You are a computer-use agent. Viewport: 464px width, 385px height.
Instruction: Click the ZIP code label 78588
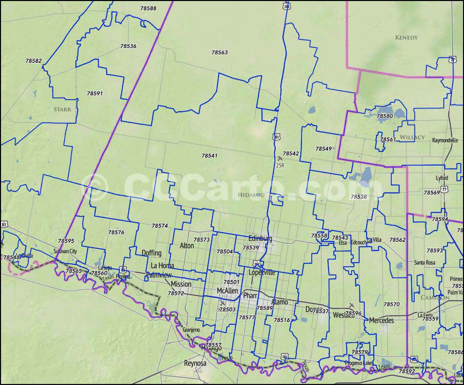[x=148, y=8]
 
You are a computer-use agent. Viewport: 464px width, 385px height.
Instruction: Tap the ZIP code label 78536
[x=128, y=46]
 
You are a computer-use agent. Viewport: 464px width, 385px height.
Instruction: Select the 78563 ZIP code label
[x=219, y=52]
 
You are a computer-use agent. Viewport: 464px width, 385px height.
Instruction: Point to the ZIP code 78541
[x=209, y=156]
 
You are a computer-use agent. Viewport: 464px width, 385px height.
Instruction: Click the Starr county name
[x=62, y=109]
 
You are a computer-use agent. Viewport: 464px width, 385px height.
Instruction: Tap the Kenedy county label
[x=406, y=38]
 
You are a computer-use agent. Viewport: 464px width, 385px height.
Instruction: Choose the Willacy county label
[x=412, y=137]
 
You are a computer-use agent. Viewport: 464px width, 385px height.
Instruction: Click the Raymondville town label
[x=445, y=140]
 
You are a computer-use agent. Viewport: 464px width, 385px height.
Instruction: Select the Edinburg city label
[x=260, y=238]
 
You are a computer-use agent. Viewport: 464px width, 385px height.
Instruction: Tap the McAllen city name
[x=227, y=291]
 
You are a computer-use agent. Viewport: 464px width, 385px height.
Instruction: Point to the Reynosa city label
[x=195, y=363]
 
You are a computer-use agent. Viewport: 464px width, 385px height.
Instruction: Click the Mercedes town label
[x=381, y=320]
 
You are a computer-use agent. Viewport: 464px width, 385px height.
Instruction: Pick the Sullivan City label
[x=65, y=251]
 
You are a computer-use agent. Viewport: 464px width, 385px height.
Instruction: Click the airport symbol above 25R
[x=280, y=158]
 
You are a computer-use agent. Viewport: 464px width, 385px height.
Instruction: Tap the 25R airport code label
[x=280, y=166]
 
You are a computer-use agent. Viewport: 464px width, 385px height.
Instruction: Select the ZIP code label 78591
[x=94, y=93]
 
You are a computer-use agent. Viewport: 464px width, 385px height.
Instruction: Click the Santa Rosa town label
[x=424, y=263]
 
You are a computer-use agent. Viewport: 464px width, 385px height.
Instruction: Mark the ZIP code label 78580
[x=384, y=116]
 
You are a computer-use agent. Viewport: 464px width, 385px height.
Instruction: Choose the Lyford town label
[x=442, y=178]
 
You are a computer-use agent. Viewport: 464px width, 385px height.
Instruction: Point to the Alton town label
[x=187, y=246]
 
